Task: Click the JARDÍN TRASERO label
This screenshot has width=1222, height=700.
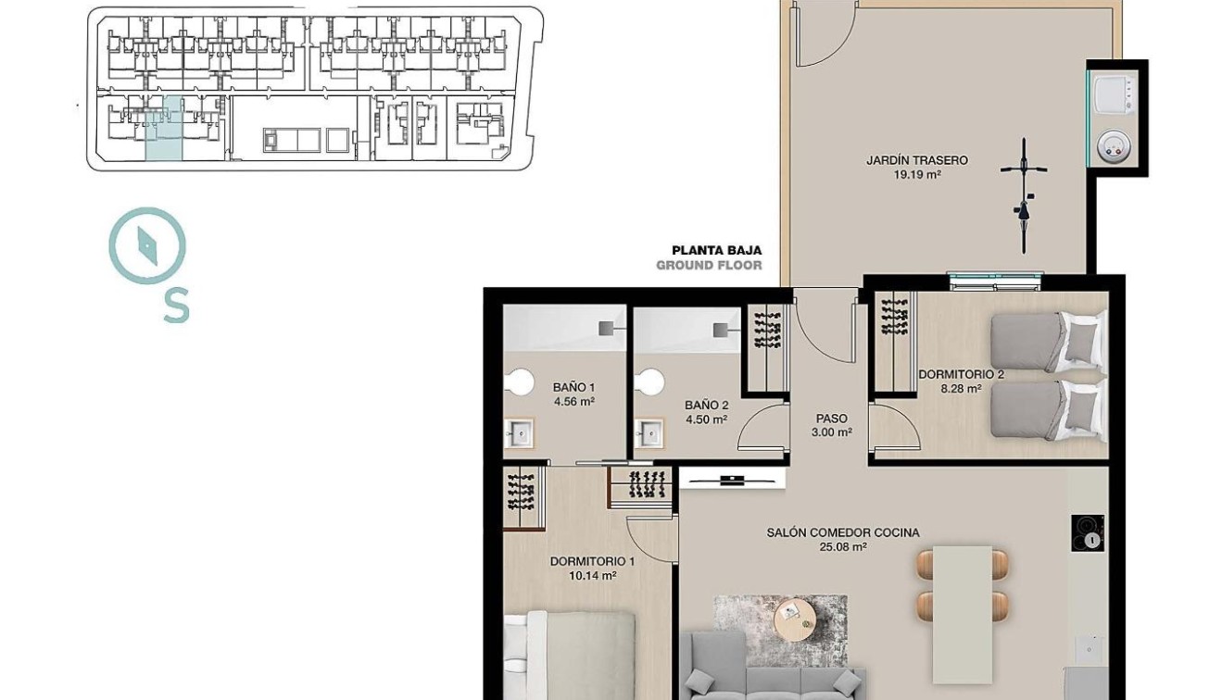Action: point(916,160)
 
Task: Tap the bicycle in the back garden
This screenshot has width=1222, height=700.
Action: point(1024,195)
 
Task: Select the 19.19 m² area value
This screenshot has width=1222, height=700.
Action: point(916,174)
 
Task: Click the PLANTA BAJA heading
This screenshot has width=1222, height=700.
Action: point(716,250)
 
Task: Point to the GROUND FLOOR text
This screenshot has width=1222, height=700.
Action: point(709,266)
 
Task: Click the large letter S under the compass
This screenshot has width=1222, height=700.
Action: point(176,306)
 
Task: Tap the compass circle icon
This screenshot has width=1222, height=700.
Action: point(147,245)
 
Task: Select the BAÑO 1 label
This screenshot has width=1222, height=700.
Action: point(573,388)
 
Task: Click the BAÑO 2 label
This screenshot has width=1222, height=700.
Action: point(706,406)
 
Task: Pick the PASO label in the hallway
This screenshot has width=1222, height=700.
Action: point(832,419)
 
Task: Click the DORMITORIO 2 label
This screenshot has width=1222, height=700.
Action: point(961,375)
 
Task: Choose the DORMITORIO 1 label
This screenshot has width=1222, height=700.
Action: point(592,561)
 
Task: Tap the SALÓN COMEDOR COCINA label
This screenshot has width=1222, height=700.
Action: point(842,532)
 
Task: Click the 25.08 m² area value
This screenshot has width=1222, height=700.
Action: point(842,547)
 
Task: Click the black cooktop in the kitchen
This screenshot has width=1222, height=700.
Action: point(1088,533)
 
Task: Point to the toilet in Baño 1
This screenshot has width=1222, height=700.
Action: point(521,382)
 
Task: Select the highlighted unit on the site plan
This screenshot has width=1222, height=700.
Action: point(165,130)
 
